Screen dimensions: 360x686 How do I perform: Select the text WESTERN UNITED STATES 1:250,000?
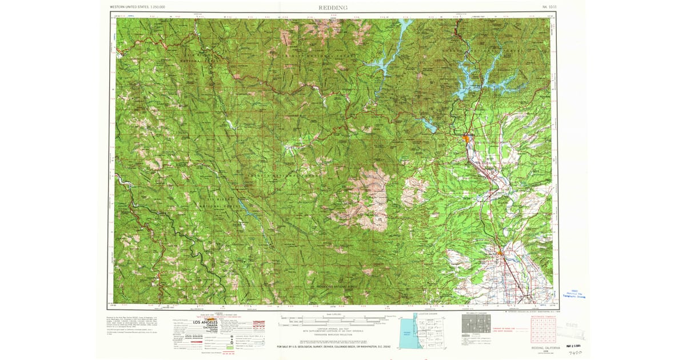tap(137, 7)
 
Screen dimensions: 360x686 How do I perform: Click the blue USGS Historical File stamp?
tap(574, 293)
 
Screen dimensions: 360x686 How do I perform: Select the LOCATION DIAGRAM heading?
tap(426, 314)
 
